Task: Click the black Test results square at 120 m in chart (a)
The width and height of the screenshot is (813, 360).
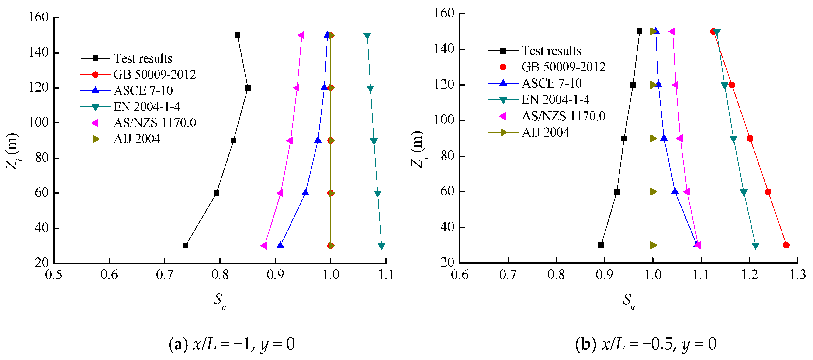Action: pos(248,88)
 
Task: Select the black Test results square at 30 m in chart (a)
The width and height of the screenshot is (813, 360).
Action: pos(186,245)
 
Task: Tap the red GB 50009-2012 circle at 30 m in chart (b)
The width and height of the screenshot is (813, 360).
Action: pos(786,245)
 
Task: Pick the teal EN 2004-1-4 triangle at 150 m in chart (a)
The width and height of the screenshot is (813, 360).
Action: pos(367,36)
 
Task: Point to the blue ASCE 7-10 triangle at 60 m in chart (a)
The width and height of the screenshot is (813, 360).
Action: pos(305,192)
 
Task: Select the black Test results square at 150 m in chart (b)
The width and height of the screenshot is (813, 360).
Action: pos(639,31)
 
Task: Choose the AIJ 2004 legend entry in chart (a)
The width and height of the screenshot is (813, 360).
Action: pos(137,139)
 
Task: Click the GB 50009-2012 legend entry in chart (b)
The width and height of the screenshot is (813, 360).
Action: pos(563,67)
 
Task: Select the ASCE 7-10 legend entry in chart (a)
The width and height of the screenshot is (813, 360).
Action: pos(143,91)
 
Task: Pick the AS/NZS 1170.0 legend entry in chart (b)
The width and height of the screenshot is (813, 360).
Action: pos(563,116)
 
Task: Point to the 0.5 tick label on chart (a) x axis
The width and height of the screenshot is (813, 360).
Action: pos(54,275)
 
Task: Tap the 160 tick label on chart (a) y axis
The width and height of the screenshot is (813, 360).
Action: pos(38,17)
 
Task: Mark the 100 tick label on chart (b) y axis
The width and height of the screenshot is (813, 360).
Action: pos(444,120)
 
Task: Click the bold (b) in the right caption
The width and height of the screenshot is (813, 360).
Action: pos(585,344)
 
